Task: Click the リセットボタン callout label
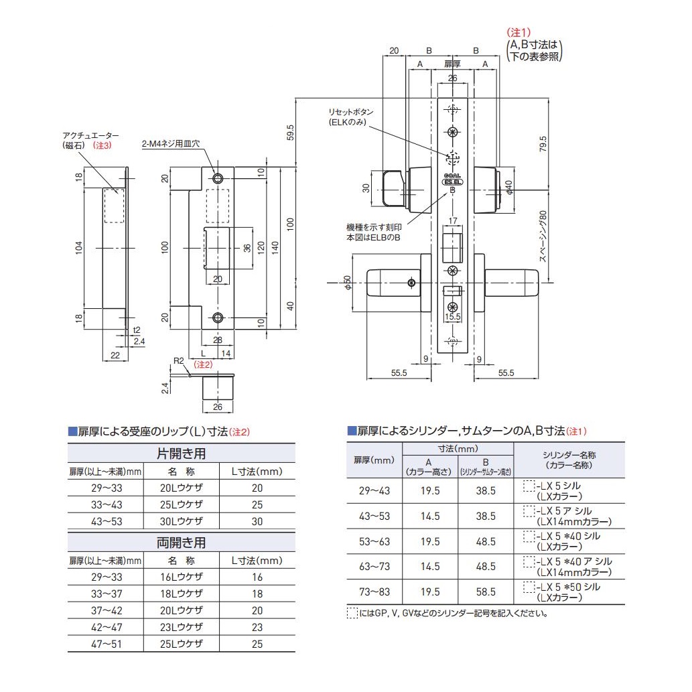350,112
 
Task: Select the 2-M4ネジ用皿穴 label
170,143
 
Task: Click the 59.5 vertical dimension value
290,131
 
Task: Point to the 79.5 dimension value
543,144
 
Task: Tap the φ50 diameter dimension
347,283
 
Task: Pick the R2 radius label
178,361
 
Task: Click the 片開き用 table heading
181,454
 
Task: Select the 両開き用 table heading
181,542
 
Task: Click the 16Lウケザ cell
181,577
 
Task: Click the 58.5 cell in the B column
486,592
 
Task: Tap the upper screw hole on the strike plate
217,178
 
